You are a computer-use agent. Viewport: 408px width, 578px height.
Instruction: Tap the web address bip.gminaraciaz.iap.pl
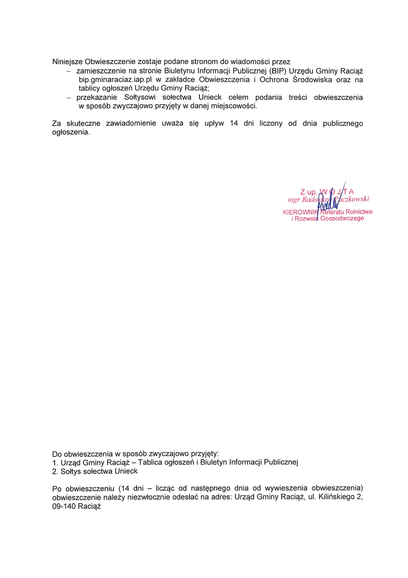115,80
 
